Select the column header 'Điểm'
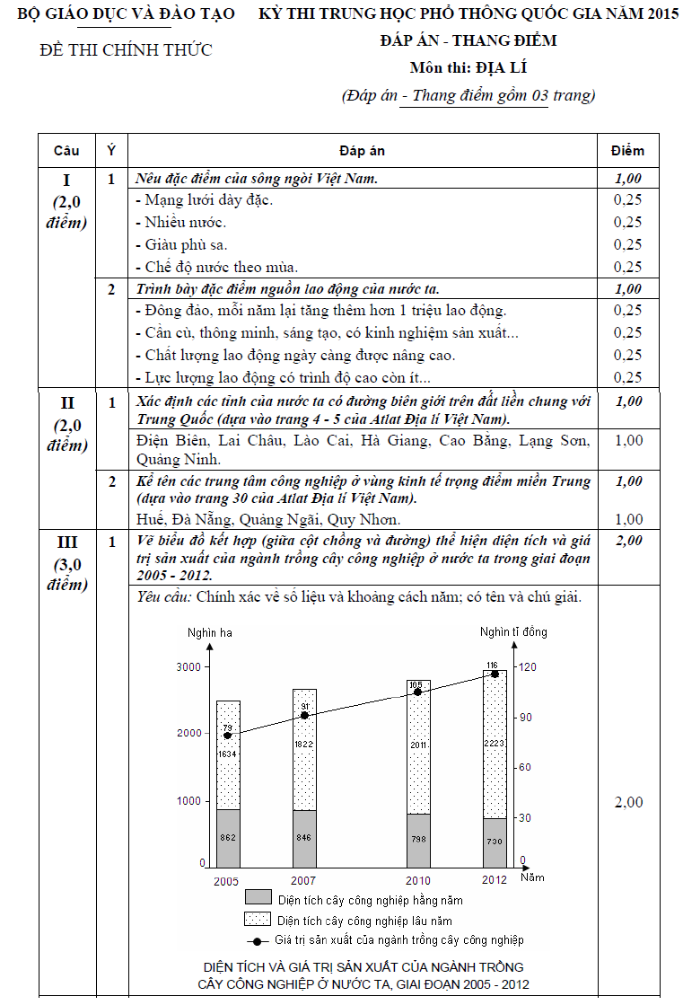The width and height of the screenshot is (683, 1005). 627,151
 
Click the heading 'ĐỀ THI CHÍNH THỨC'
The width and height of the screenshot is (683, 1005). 127,50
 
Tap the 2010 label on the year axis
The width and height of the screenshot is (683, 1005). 417,881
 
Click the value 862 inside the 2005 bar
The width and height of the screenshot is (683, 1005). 228,837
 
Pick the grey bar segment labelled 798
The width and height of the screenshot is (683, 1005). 417,839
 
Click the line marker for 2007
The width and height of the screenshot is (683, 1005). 305,716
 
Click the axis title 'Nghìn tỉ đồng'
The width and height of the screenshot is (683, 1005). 512,632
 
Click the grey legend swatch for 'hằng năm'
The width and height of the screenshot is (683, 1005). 258,898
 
